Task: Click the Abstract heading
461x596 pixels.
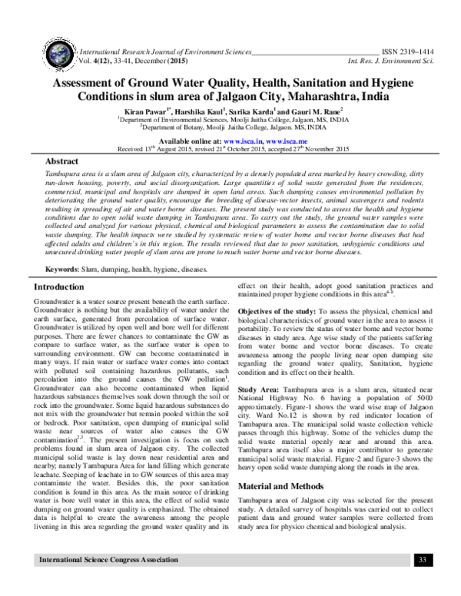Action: [x=63, y=164]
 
